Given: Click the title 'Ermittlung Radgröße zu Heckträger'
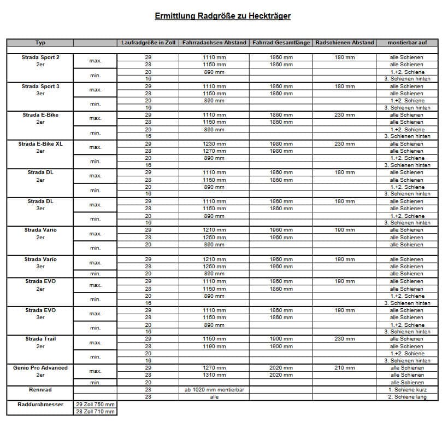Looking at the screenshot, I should coord(222,16).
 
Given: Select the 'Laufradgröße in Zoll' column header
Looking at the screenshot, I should coord(148,43).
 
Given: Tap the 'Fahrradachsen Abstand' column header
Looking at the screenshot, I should coord(214,43).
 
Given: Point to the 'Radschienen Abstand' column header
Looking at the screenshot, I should coord(345,43).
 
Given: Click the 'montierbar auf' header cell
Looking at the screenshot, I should coord(407,43).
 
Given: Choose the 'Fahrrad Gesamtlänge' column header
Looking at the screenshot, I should coord(281,43).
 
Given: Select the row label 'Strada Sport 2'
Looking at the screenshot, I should coord(40,57).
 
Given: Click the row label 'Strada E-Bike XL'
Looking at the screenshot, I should coord(40,144).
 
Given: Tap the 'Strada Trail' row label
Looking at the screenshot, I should coord(40,339).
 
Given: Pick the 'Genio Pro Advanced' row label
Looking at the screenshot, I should coord(40,368).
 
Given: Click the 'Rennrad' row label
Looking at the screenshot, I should coord(40,390).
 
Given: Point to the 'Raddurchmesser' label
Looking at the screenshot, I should coord(40,404).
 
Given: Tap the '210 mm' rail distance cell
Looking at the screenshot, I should coord(345,368).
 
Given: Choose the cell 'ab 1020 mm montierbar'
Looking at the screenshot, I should coord(214,390).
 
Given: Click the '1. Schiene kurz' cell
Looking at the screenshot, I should coord(407,390).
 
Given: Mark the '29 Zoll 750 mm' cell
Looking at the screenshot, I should coord(96,404).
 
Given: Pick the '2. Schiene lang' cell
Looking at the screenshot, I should coord(407,397).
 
